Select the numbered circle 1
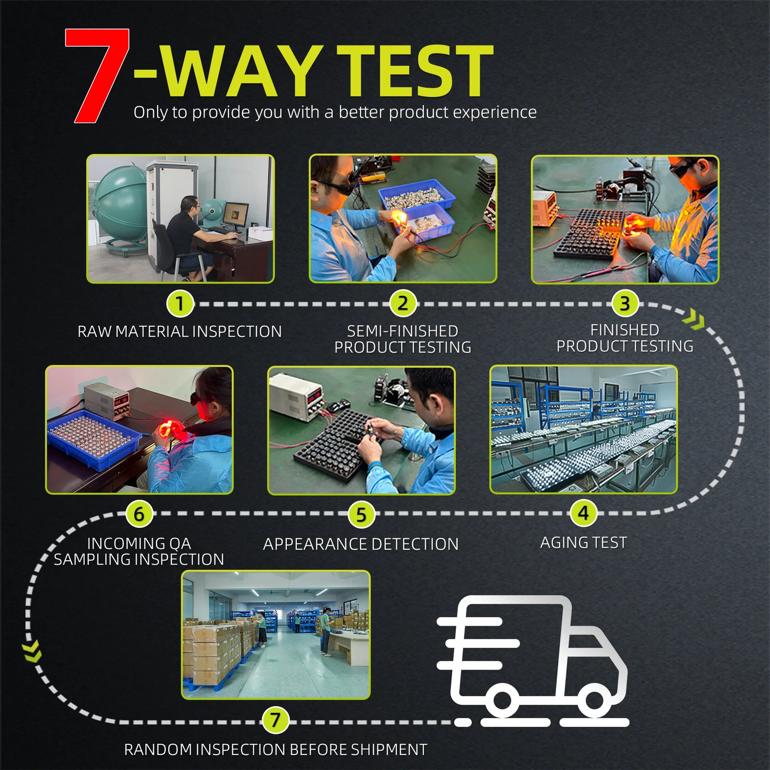pyautogui.click(x=180, y=304)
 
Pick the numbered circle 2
pyautogui.click(x=402, y=304)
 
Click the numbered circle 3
pyautogui.click(x=624, y=304)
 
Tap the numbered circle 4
pyautogui.click(x=583, y=513)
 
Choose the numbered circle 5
pyautogui.click(x=361, y=514)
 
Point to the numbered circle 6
pyautogui.click(x=139, y=514)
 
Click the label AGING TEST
pyautogui.click(x=584, y=542)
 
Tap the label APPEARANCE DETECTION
pyautogui.click(x=361, y=544)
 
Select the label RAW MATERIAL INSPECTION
pyautogui.click(x=180, y=332)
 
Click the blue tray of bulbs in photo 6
pyautogui.click(x=93, y=438)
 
